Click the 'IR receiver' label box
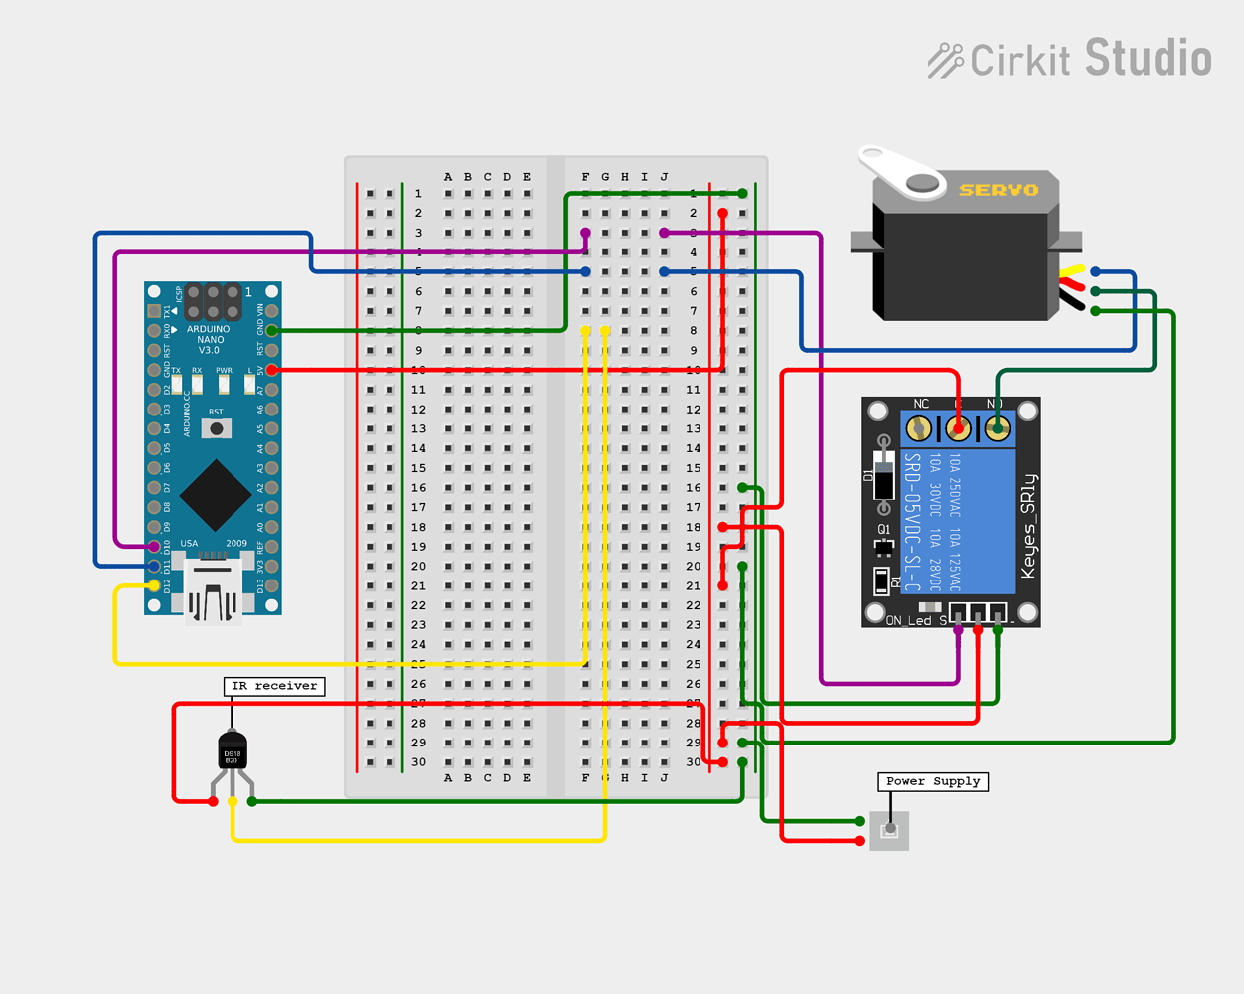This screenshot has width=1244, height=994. (x=274, y=686)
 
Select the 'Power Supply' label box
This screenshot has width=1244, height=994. (x=932, y=781)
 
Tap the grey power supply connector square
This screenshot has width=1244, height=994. (x=889, y=831)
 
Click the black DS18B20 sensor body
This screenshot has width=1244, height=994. (x=233, y=752)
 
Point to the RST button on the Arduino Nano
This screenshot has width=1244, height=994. (x=216, y=428)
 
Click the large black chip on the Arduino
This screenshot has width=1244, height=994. (x=216, y=494)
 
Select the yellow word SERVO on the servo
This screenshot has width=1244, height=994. (x=998, y=190)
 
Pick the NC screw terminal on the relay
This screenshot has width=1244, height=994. (x=919, y=429)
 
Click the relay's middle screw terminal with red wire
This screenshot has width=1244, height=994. (x=958, y=429)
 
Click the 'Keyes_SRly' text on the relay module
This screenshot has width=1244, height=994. (x=1028, y=526)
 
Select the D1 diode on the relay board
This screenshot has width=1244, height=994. (x=883, y=475)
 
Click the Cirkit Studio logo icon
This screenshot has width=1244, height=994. (x=945, y=60)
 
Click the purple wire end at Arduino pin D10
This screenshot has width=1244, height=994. (x=154, y=547)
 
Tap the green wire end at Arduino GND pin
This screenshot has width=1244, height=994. (x=271, y=330)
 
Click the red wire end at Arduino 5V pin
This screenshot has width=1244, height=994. (x=271, y=370)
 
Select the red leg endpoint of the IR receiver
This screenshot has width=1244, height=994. (x=213, y=801)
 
